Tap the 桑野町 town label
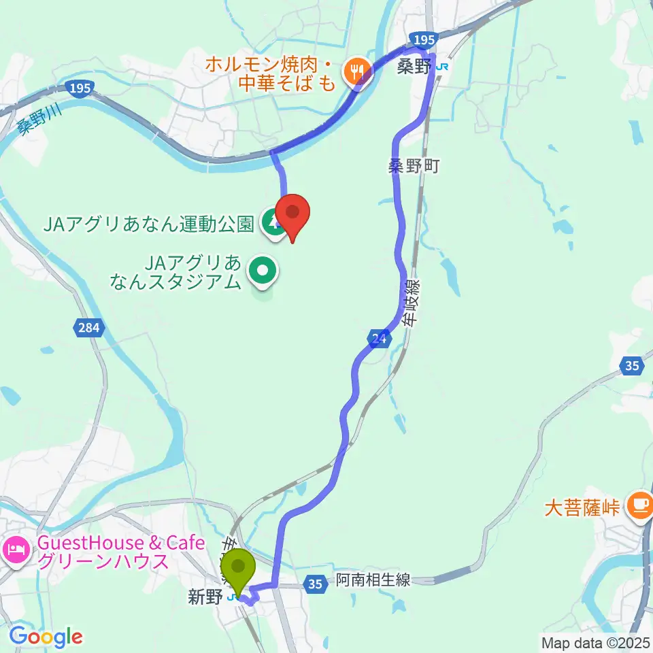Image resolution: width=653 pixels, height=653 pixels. coord(416,165)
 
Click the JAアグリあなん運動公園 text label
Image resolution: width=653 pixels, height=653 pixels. coord(149,222)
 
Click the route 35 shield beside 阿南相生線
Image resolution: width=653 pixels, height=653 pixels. coord(314,583)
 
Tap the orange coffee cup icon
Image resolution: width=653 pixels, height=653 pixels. coord(639,504)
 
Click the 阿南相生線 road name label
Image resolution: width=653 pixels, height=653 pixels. coord(373,580)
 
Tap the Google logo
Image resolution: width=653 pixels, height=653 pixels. coord(46,636)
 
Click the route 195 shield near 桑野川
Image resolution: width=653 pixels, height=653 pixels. coord(80,88)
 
